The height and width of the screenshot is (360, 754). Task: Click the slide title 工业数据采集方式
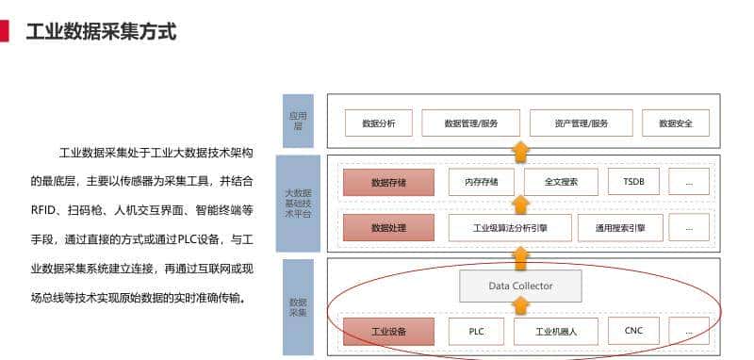pyautogui.click(x=101, y=31)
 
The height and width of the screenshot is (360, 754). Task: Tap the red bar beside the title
pyautogui.click(x=5, y=31)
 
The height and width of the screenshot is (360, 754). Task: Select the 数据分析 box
pyautogui.click(x=377, y=123)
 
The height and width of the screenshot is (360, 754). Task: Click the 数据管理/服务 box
pyautogui.click(x=470, y=123)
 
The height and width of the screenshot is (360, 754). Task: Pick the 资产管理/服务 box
pyautogui.click(x=581, y=123)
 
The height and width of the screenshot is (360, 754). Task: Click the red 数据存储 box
pyautogui.click(x=388, y=182)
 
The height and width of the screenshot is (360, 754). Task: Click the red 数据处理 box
pyautogui.click(x=388, y=227)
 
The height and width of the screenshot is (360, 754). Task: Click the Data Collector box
pyautogui.click(x=520, y=286)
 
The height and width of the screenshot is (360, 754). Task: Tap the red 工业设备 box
pyautogui.click(x=388, y=332)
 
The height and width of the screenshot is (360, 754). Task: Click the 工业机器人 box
pyautogui.click(x=556, y=332)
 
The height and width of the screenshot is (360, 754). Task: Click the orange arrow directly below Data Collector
pyautogui.click(x=520, y=307)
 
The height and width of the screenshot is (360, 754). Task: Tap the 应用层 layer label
pyautogui.click(x=299, y=120)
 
